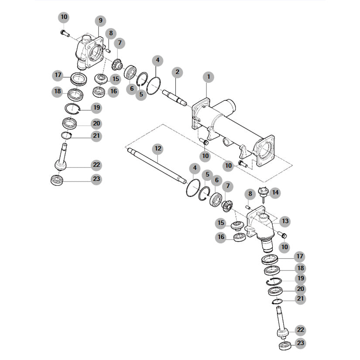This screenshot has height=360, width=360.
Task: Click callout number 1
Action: coord(209,77)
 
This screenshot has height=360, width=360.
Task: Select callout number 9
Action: coord(100,21)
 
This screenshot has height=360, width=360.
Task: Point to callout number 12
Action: coord(158,149)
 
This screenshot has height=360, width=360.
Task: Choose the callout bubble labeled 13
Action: coord(285,221)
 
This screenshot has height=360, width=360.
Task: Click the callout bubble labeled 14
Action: coord(275,192)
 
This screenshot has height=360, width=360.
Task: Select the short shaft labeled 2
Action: coord(174,97)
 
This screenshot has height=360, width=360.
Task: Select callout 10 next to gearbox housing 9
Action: coord(64,17)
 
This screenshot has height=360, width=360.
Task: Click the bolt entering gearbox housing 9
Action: coord(64,32)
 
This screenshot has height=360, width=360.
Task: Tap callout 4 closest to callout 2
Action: coord(157,60)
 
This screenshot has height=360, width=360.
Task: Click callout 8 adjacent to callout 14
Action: coord(250,194)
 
